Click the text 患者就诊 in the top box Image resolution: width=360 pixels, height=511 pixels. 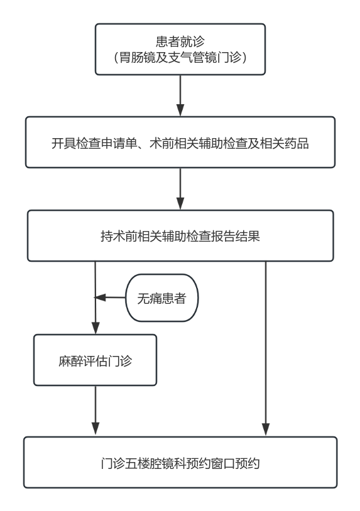click(180, 41)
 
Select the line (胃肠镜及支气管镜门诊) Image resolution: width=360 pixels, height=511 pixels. click(180, 57)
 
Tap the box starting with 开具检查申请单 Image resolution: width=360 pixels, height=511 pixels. click(180, 142)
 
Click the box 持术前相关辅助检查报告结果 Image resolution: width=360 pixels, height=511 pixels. click(180, 235)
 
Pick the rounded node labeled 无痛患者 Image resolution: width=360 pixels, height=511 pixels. click(161, 298)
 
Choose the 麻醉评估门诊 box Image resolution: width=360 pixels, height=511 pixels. click(95, 360)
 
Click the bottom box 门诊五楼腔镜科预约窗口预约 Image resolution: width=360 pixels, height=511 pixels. click(180, 463)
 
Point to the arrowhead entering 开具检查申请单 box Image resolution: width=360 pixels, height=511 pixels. click(180, 110)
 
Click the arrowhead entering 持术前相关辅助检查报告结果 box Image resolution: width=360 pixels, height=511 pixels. click(180, 203)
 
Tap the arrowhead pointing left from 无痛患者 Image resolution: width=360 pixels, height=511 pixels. click(100, 298)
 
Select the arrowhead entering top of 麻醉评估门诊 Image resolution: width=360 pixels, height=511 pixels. click(95, 328)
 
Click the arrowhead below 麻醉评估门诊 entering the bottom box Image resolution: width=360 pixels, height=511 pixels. click(95, 429)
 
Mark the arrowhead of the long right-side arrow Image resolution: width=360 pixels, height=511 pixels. click(266, 429)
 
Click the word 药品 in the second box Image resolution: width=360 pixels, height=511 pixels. click(297, 143)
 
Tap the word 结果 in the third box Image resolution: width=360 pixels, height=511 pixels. click(248, 236)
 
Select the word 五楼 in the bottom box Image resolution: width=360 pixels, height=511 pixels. click(138, 463)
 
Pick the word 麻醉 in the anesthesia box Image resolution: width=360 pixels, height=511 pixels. click(71, 361)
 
